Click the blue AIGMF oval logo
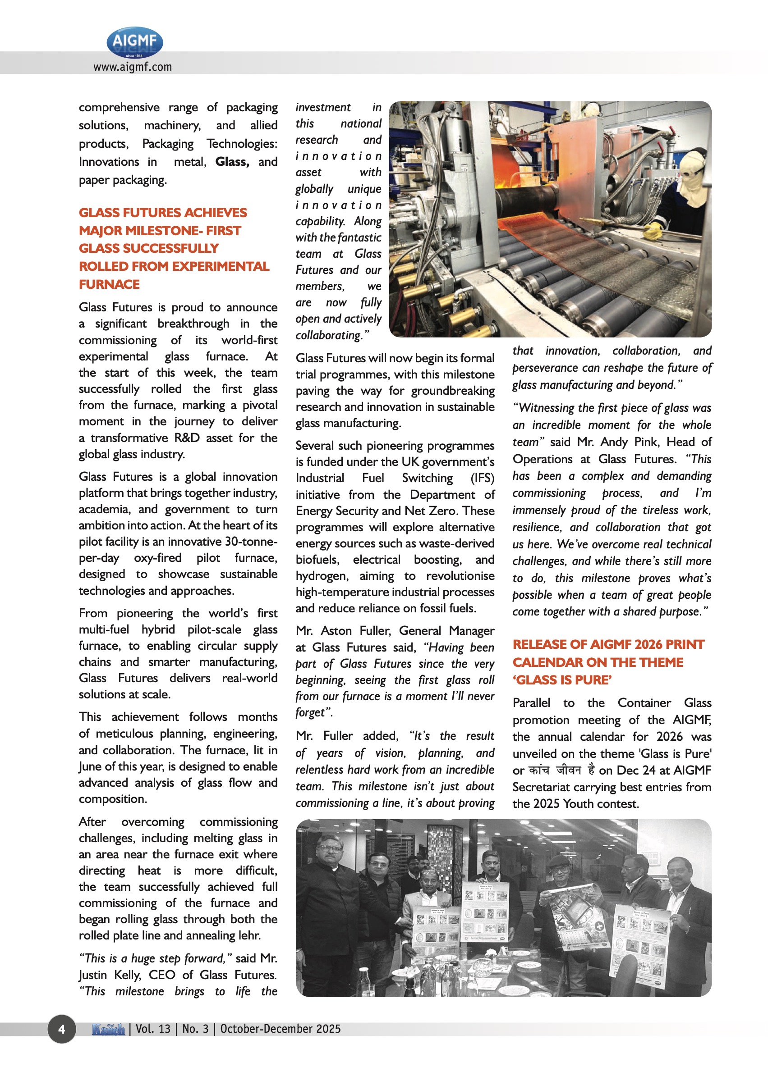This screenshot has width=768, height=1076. (x=135, y=42)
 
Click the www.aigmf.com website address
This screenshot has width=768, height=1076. (x=133, y=67)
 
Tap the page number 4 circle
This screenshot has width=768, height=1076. (x=61, y=1029)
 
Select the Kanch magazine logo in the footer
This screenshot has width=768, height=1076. (x=108, y=1029)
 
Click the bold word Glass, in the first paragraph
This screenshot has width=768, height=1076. (x=232, y=162)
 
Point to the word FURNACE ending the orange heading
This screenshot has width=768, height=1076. (x=109, y=284)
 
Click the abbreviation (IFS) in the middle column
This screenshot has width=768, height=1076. (x=483, y=478)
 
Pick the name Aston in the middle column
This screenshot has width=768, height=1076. (x=337, y=631)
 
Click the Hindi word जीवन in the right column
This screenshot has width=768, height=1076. (x=568, y=770)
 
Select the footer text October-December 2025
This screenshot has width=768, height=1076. (x=280, y=1029)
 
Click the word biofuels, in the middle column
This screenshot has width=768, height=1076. (x=317, y=560)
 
